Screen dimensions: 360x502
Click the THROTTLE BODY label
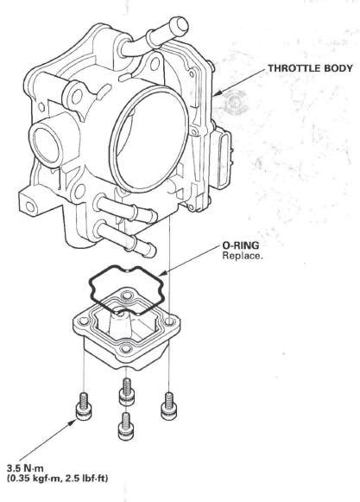310,68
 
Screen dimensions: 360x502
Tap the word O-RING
241,245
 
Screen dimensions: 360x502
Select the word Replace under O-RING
242,256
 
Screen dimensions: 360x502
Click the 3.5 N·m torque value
25,468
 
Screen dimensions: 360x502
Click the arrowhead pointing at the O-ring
163,273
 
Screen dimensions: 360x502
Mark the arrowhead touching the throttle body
217,93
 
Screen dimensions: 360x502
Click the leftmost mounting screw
84,406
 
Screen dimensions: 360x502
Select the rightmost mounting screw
168,405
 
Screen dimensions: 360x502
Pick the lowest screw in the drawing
126,426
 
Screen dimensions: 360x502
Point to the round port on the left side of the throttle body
45,144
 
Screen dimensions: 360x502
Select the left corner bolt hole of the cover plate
84,321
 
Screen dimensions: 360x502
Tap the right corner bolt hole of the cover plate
169,321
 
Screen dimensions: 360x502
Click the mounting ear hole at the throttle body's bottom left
30,207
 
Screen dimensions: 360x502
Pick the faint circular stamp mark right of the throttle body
237,103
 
